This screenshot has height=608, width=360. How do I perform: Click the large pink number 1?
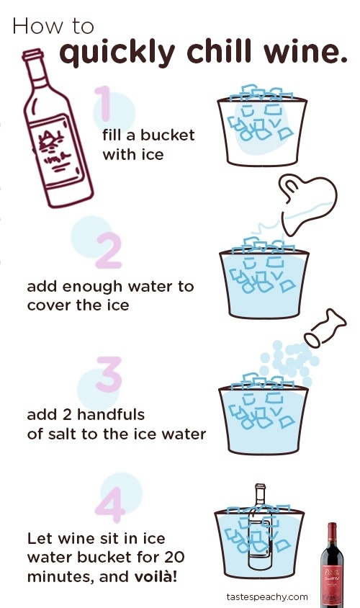104,103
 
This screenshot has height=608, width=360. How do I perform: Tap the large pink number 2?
109,251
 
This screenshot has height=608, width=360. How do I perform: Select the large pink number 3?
109,374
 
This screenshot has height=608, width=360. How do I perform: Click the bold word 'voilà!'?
156,576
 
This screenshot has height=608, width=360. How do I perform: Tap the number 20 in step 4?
174,557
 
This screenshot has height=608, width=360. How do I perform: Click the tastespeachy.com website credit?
267,596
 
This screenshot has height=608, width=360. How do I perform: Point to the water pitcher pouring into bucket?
309,205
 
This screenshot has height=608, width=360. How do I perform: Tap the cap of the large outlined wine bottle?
32,54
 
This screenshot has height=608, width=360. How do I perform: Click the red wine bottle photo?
332,565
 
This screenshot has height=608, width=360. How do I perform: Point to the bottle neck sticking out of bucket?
261,495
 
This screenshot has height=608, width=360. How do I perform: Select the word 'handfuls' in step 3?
111,414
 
